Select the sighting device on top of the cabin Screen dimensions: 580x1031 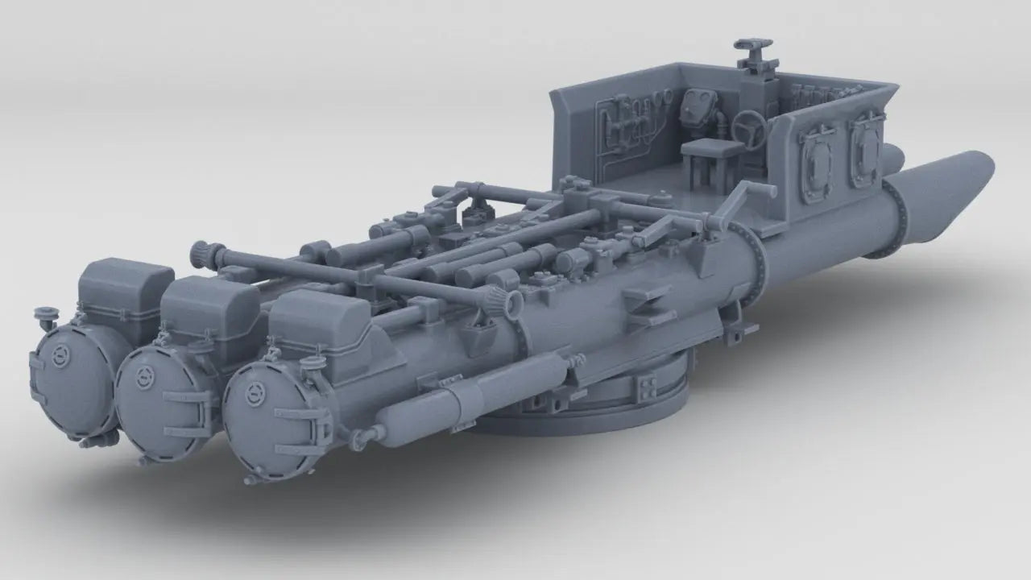tap(752, 52)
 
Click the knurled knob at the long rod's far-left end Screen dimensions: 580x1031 tap(200, 254)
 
